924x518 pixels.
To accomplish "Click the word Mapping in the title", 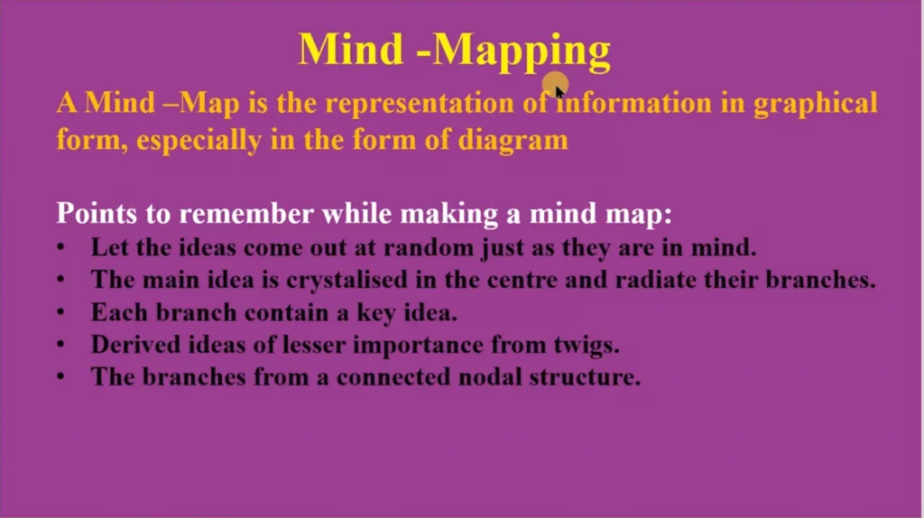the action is [x=522, y=51].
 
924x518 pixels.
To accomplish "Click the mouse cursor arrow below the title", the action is [x=559, y=92].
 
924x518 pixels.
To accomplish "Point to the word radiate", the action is [x=655, y=280].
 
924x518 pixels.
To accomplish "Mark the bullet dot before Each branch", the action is [x=60, y=311].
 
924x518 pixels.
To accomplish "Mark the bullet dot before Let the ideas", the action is [x=60, y=247].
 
